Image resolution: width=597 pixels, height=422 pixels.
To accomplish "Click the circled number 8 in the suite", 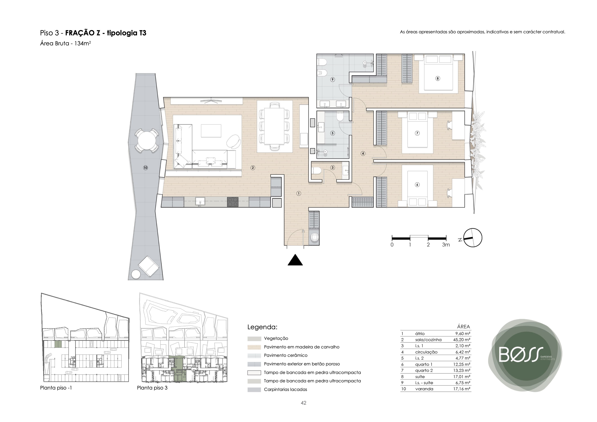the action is coord(438,78).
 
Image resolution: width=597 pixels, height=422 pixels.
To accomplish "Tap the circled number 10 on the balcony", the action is coord(145,168).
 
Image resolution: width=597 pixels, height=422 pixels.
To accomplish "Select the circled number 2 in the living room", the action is coord(252,168).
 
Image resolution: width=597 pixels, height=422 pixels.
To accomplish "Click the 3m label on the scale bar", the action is coord(446,245).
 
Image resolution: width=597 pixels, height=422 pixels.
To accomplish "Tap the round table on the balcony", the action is coord(146,140).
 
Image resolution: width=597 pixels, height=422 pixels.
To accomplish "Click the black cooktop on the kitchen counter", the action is coord(232,202).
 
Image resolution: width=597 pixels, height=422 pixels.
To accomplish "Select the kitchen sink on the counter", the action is coord(200,201).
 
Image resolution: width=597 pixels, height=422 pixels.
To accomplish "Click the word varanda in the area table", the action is coord(424,389).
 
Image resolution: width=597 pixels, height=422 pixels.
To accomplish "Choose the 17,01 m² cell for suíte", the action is coord(462,376).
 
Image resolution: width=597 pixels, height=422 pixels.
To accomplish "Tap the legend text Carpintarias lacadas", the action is coord(285,390).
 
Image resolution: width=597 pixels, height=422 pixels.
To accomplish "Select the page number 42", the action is coord(304,403).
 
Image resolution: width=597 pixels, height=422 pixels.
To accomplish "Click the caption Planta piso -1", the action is coord(56,388).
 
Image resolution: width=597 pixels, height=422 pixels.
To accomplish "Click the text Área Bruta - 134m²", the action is coord(66,44).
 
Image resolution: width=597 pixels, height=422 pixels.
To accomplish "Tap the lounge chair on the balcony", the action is coord(148,266).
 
